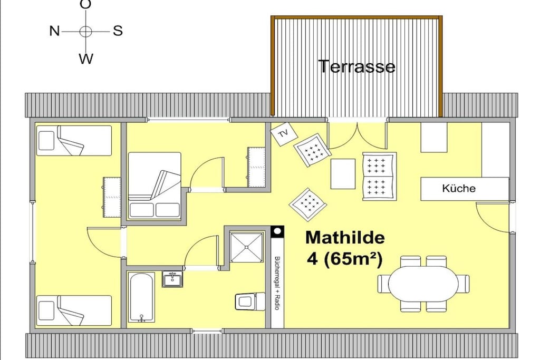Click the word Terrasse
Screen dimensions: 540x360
356,66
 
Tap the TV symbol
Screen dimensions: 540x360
284,134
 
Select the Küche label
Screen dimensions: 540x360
459,188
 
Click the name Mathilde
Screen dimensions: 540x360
345,238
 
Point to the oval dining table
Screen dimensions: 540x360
423,284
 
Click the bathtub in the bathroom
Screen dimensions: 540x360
141,297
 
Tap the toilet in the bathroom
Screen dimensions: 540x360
250,301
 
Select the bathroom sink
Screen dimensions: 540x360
172,279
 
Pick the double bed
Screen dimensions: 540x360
155,186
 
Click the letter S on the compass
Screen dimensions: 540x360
118,31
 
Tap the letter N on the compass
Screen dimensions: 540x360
54,31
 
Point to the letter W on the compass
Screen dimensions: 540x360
86,59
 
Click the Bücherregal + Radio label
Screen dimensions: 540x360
276,283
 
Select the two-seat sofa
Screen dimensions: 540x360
379,177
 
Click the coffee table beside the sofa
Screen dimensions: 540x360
343,174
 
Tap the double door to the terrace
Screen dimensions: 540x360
358,134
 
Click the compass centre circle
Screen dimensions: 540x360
86,31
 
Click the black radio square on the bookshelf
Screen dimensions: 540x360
277,231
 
